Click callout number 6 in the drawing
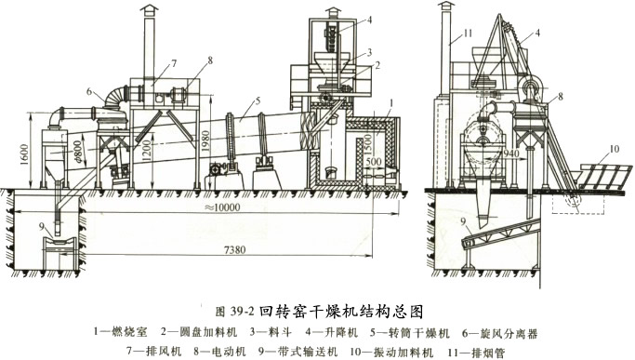[89, 92]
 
